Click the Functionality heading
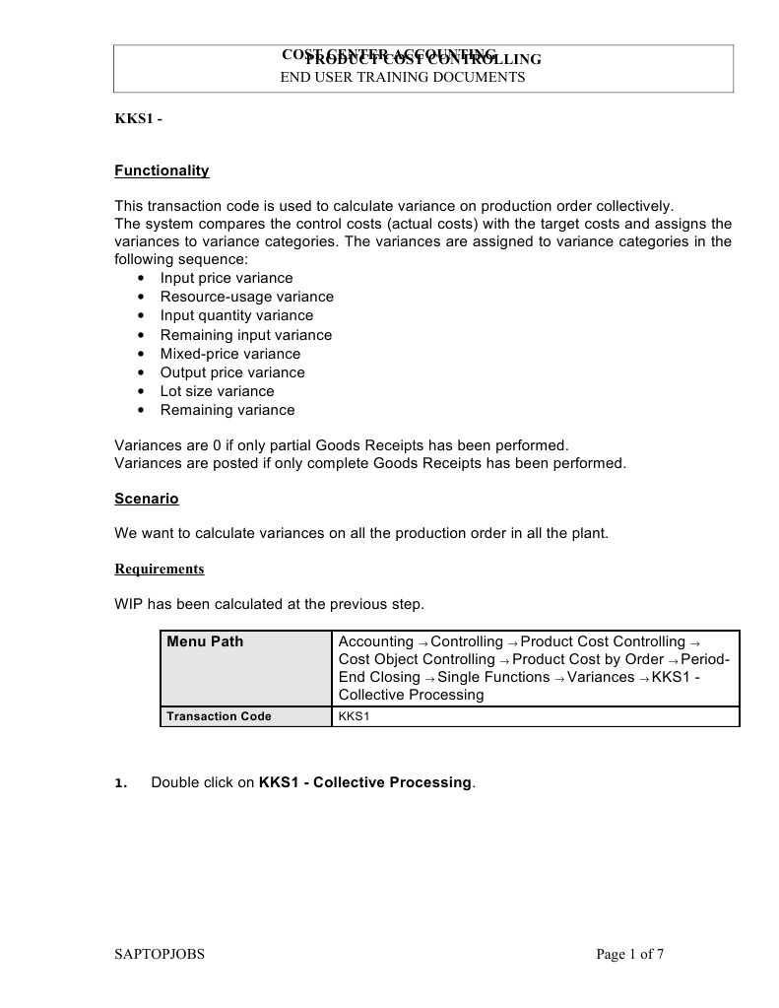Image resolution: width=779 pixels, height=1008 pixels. click(x=162, y=170)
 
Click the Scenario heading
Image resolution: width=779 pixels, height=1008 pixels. click(x=147, y=499)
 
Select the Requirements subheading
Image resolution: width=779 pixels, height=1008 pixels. click(x=160, y=570)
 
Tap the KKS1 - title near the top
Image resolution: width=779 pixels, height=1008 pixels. click(x=138, y=120)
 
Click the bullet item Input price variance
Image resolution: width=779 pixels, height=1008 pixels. click(x=227, y=278)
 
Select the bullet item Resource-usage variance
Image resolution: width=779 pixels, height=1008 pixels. click(x=246, y=297)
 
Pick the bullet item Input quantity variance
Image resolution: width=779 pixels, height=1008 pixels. click(x=236, y=315)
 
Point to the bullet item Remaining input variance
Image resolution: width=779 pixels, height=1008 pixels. click(x=246, y=335)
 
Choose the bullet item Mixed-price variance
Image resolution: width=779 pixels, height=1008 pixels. click(x=230, y=354)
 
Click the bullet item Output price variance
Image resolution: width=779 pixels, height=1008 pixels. click(x=232, y=372)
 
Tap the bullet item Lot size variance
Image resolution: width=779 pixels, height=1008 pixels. click(x=217, y=391)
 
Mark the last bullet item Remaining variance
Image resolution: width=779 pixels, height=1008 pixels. click(x=227, y=410)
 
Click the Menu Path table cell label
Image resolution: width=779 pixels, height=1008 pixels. click(x=205, y=641)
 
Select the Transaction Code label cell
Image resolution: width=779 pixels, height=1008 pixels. click(x=219, y=716)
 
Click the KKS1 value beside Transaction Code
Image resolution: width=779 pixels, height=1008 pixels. click(x=354, y=716)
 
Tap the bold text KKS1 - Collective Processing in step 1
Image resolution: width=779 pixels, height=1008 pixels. click(x=365, y=782)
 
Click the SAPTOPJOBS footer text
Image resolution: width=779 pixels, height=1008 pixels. click(x=160, y=954)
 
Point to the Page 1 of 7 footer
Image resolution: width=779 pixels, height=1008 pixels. click(x=630, y=954)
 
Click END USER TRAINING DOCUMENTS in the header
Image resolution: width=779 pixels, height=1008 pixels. click(x=403, y=77)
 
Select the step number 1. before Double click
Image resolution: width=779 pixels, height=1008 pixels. click(x=121, y=783)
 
